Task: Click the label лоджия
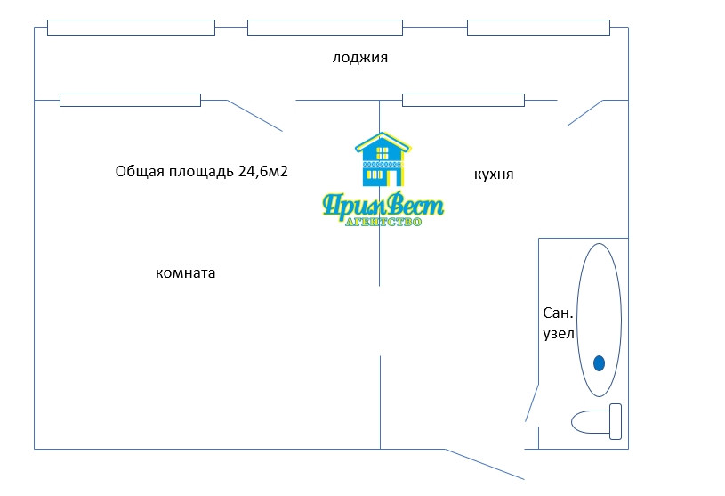[360, 58]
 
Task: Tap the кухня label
[494, 175]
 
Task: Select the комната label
[185, 273]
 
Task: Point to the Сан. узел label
[559, 323]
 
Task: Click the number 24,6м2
[262, 171]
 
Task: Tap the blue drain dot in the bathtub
[600, 362]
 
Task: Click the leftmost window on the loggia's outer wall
[131, 28]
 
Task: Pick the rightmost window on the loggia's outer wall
[538, 28]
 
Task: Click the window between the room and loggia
[130, 100]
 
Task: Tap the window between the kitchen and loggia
[463, 100]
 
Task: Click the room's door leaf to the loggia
[255, 116]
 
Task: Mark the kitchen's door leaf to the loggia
[584, 112]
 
